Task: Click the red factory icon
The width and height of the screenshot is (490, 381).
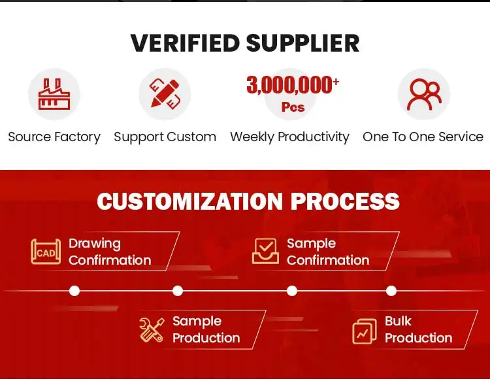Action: point(54,94)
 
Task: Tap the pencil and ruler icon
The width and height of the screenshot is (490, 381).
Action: point(165,93)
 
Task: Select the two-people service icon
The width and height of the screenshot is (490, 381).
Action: point(424,94)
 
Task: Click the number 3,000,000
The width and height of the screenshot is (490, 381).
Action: point(289,85)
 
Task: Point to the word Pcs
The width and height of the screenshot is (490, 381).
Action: point(293,107)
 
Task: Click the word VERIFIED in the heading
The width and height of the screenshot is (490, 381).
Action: point(185,43)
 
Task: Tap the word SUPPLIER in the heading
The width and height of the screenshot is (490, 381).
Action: point(302,43)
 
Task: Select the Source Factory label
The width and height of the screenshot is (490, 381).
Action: point(54,137)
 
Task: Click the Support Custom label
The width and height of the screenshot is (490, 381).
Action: point(165,137)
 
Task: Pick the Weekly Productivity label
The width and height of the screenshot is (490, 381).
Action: point(289,137)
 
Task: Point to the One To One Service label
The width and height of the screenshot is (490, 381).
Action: point(423,137)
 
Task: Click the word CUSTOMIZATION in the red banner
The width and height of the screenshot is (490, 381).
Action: point(189,201)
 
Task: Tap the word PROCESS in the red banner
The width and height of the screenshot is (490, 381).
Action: point(345,201)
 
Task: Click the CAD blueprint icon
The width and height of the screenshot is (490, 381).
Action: point(46,252)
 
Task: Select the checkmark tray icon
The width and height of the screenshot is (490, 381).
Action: point(265,251)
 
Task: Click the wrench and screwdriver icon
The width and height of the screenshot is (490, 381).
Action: point(152,329)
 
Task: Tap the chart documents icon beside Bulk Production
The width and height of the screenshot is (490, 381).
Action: point(365,331)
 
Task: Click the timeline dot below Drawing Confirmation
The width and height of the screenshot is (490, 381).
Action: point(74,291)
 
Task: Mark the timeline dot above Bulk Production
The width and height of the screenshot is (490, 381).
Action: point(391,291)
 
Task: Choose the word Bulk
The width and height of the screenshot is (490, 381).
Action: point(398,321)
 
